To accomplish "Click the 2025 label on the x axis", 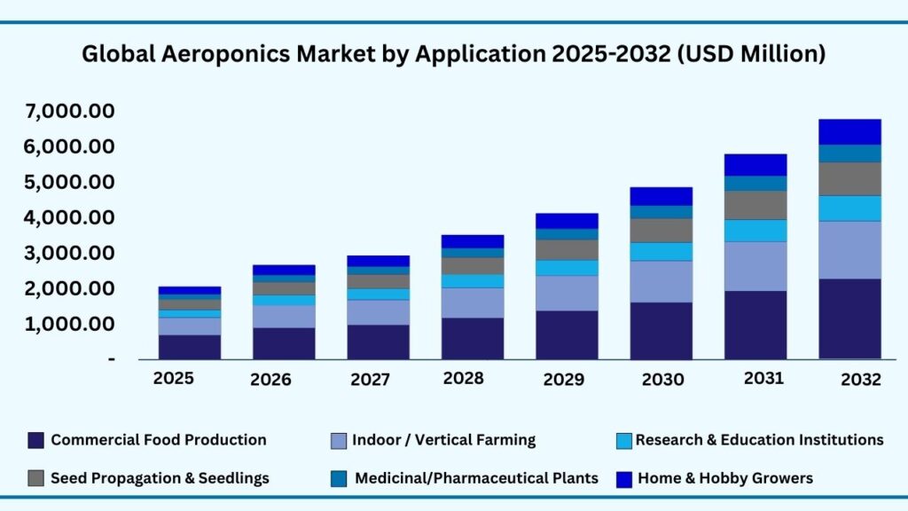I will [x=175, y=378].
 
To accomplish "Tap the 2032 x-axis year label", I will [x=859, y=380].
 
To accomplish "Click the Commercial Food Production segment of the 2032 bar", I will [x=849, y=318].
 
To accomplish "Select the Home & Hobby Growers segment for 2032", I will [x=849, y=131].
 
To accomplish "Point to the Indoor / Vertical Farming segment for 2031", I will [x=755, y=266].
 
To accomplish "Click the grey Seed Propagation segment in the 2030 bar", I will [x=661, y=231].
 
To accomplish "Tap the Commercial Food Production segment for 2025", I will [x=190, y=347].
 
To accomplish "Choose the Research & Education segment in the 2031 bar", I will [x=755, y=231].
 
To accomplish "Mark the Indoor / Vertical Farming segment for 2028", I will [x=472, y=303].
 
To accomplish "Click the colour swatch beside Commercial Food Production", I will [x=35, y=440].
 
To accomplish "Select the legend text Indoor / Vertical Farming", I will [x=443, y=440].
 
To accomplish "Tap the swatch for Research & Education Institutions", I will [x=623, y=440].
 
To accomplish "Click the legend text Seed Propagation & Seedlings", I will [x=160, y=478].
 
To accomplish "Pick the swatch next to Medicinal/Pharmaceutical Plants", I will [x=337, y=478].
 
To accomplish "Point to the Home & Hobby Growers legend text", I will [x=724, y=478].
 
